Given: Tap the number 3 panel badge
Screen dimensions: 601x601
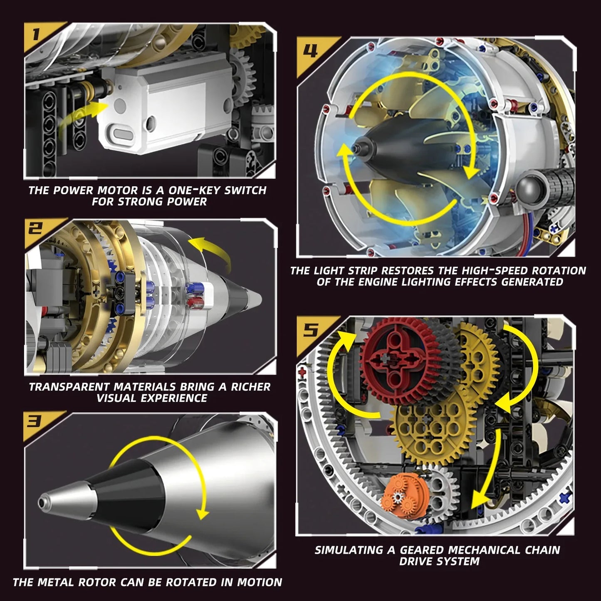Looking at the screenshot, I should click(x=34, y=423).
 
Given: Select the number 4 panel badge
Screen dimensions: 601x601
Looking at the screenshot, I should click(x=310, y=51).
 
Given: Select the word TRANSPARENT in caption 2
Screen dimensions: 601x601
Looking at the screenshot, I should click(x=69, y=387).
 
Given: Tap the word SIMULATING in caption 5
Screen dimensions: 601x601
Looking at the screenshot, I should click(x=349, y=550).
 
